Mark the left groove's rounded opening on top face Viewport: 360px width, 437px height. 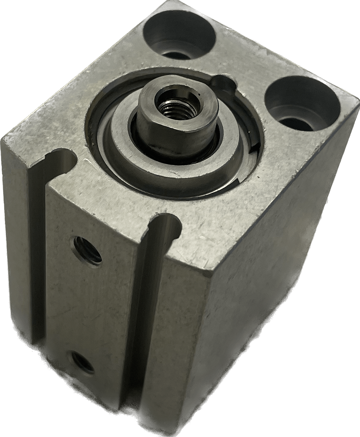click(x=62, y=157)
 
